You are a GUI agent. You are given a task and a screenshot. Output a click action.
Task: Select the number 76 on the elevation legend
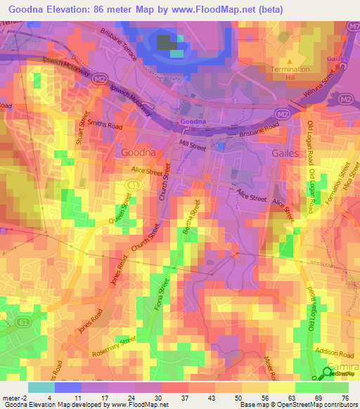point(345,397)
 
